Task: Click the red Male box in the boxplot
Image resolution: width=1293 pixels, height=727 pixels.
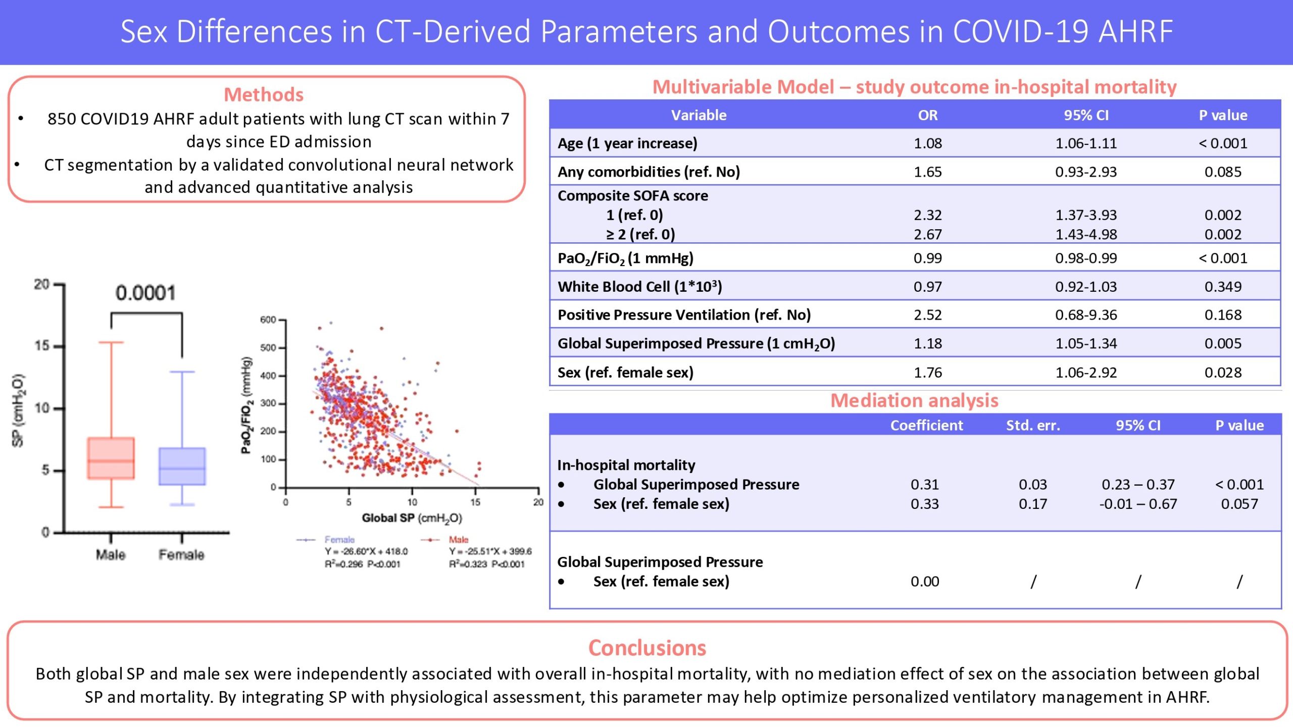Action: (111, 458)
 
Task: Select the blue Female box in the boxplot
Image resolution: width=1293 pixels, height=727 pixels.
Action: (182, 466)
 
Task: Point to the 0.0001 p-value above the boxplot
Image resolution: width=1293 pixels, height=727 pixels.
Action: (145, 293)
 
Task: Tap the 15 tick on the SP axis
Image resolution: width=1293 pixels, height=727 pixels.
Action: (42, 346)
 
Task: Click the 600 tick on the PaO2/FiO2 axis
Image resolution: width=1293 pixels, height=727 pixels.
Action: (268, 320)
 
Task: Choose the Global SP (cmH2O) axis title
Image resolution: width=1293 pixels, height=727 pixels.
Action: (412, 518)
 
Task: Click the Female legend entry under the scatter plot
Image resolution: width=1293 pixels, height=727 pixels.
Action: (339, 540)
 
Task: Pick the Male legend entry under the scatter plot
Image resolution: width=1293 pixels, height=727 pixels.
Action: (459, 540)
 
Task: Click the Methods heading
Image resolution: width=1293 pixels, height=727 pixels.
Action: (264, 94)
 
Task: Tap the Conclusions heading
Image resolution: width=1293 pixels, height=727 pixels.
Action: (647, 648)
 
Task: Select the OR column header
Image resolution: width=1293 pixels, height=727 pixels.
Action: (928, 115)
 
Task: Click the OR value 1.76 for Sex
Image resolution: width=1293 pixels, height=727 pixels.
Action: (928, 373)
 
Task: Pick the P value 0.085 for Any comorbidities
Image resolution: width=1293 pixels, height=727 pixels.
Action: (1223, 172)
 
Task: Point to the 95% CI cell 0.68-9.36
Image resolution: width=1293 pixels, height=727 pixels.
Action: (1086, 315)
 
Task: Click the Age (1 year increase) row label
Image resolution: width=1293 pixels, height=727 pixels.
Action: (627, 143)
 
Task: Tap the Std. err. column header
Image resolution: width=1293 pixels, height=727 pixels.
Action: (1033, 426)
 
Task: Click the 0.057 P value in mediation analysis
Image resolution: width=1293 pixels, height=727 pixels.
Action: (1239, 504)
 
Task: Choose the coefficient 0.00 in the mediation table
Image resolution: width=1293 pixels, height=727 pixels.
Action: (925, 582)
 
